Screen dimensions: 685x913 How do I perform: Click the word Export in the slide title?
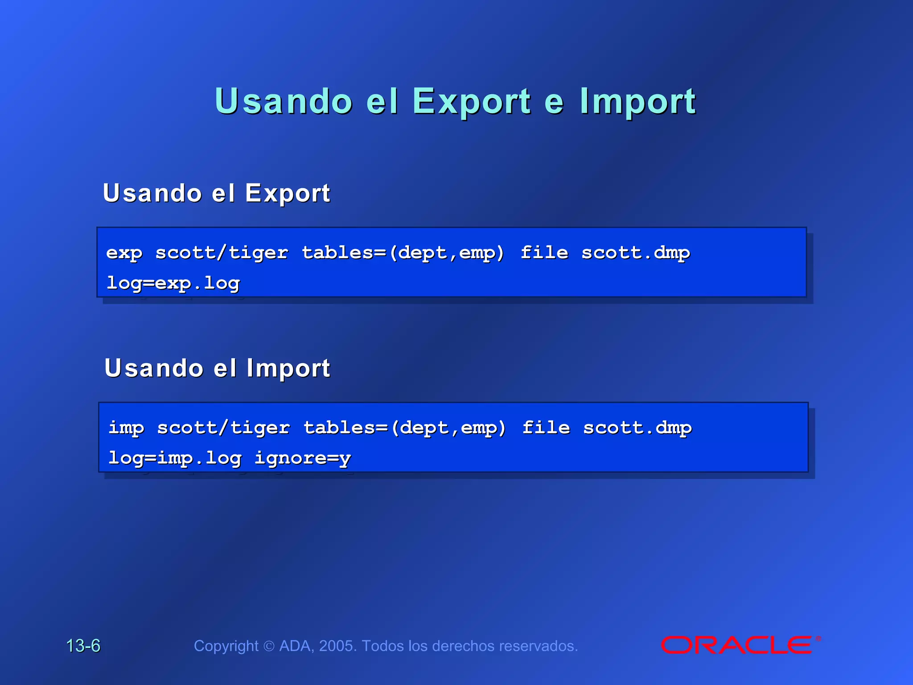click(x=472, y=102)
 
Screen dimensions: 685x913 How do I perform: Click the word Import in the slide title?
click(x=637, y=102)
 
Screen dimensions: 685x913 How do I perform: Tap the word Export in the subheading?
click(x=288, y=194)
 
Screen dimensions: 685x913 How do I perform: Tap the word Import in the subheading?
click(x=288, y=369)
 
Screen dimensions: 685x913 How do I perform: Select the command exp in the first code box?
click(x=124, y=253)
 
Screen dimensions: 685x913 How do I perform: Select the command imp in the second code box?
click(x=126, y=428)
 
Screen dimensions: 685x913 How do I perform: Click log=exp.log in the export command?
click(x=173, y=283)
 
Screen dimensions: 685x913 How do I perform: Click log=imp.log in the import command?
click(x=175, y=458)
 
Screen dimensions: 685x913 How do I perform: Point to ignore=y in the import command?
click(x=303, y=458)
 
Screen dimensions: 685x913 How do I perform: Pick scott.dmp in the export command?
click(x=636, y=253)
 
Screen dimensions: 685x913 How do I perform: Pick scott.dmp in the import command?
click(x=637, y=428)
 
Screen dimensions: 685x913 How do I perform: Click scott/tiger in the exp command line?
click(x=222, y=253)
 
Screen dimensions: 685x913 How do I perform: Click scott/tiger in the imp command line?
click(x=223, y=428)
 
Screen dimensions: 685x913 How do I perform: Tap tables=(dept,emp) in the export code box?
click(x=403, y=253)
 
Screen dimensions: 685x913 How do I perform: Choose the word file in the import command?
click(x=546, y=428)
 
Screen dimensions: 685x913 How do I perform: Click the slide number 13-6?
click(x=83, y=646)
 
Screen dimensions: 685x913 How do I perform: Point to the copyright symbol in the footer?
click(x=269, y=646)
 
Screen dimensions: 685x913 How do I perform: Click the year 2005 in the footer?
click(x=337, y=646)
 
